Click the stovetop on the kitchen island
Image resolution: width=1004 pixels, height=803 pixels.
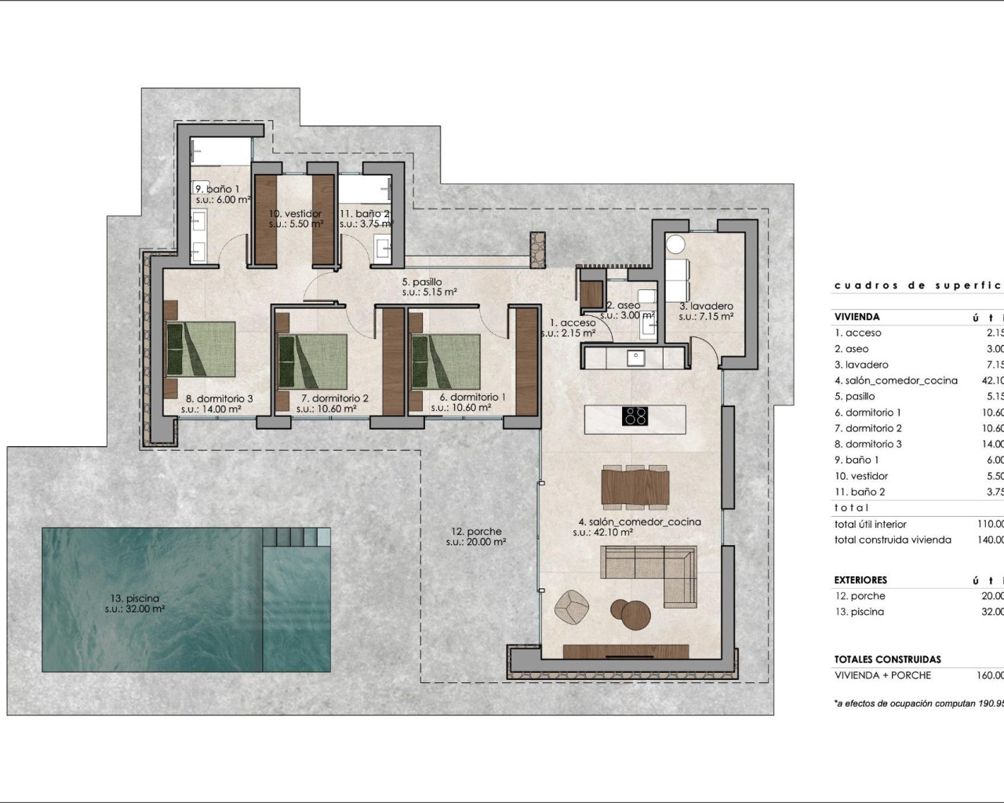coord(635,416)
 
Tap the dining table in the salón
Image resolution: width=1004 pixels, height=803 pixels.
coord(635,485)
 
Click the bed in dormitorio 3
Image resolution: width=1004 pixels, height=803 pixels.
coord(200,350)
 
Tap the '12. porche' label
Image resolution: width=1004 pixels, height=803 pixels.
coord(476,532)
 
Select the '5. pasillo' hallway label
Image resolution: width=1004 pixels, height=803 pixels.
coord(422,282)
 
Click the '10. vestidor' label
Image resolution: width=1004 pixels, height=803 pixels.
coord(296,213)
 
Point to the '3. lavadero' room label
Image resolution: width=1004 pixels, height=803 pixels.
coord(706,307)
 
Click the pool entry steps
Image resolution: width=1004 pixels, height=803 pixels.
coord(296,537)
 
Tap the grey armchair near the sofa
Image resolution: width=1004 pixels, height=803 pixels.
coord(572,605)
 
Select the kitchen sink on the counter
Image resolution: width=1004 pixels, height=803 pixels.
coord(635,358)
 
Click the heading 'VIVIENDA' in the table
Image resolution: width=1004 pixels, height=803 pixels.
coord(857,317)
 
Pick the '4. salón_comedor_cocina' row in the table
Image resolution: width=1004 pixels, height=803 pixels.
coord(896,380)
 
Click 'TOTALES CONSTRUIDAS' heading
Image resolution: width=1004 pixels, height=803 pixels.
coord(887,659)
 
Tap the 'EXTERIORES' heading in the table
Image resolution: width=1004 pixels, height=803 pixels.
coord(860,580)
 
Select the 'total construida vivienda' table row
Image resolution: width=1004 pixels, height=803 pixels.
coord(893,540)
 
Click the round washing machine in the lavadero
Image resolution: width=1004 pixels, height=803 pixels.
coord(676,245)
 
